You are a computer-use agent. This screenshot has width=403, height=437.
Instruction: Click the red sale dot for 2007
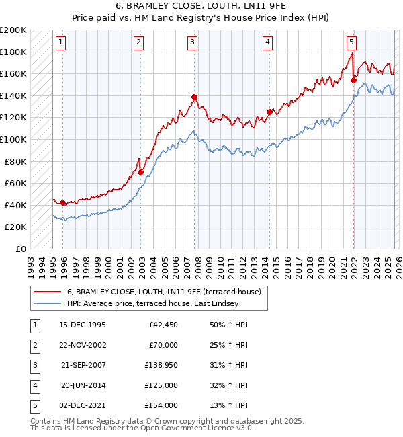tap(194, 97)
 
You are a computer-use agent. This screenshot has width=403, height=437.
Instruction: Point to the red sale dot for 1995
tap(63, 202)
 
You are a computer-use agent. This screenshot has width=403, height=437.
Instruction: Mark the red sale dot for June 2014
tap(269, 112)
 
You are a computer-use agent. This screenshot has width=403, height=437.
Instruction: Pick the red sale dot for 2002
tap(140, 172)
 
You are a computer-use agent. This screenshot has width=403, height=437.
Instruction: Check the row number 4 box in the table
tap(33, 385)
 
